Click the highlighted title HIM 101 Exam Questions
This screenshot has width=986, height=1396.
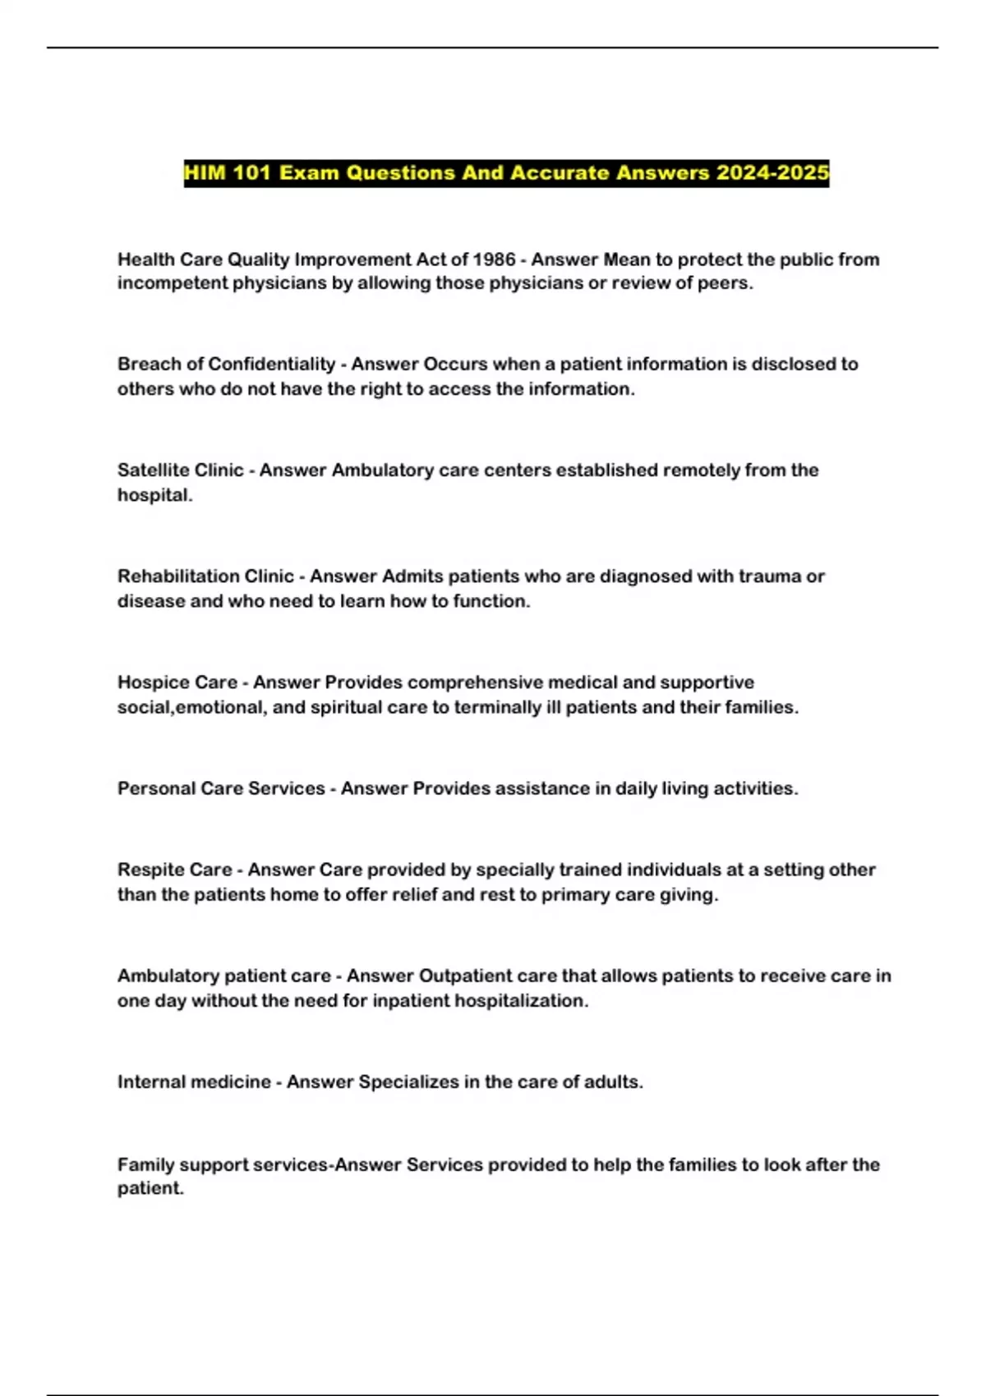[506, 173]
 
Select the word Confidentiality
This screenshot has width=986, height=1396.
[272, 364]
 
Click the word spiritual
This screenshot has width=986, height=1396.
[346, 707]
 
